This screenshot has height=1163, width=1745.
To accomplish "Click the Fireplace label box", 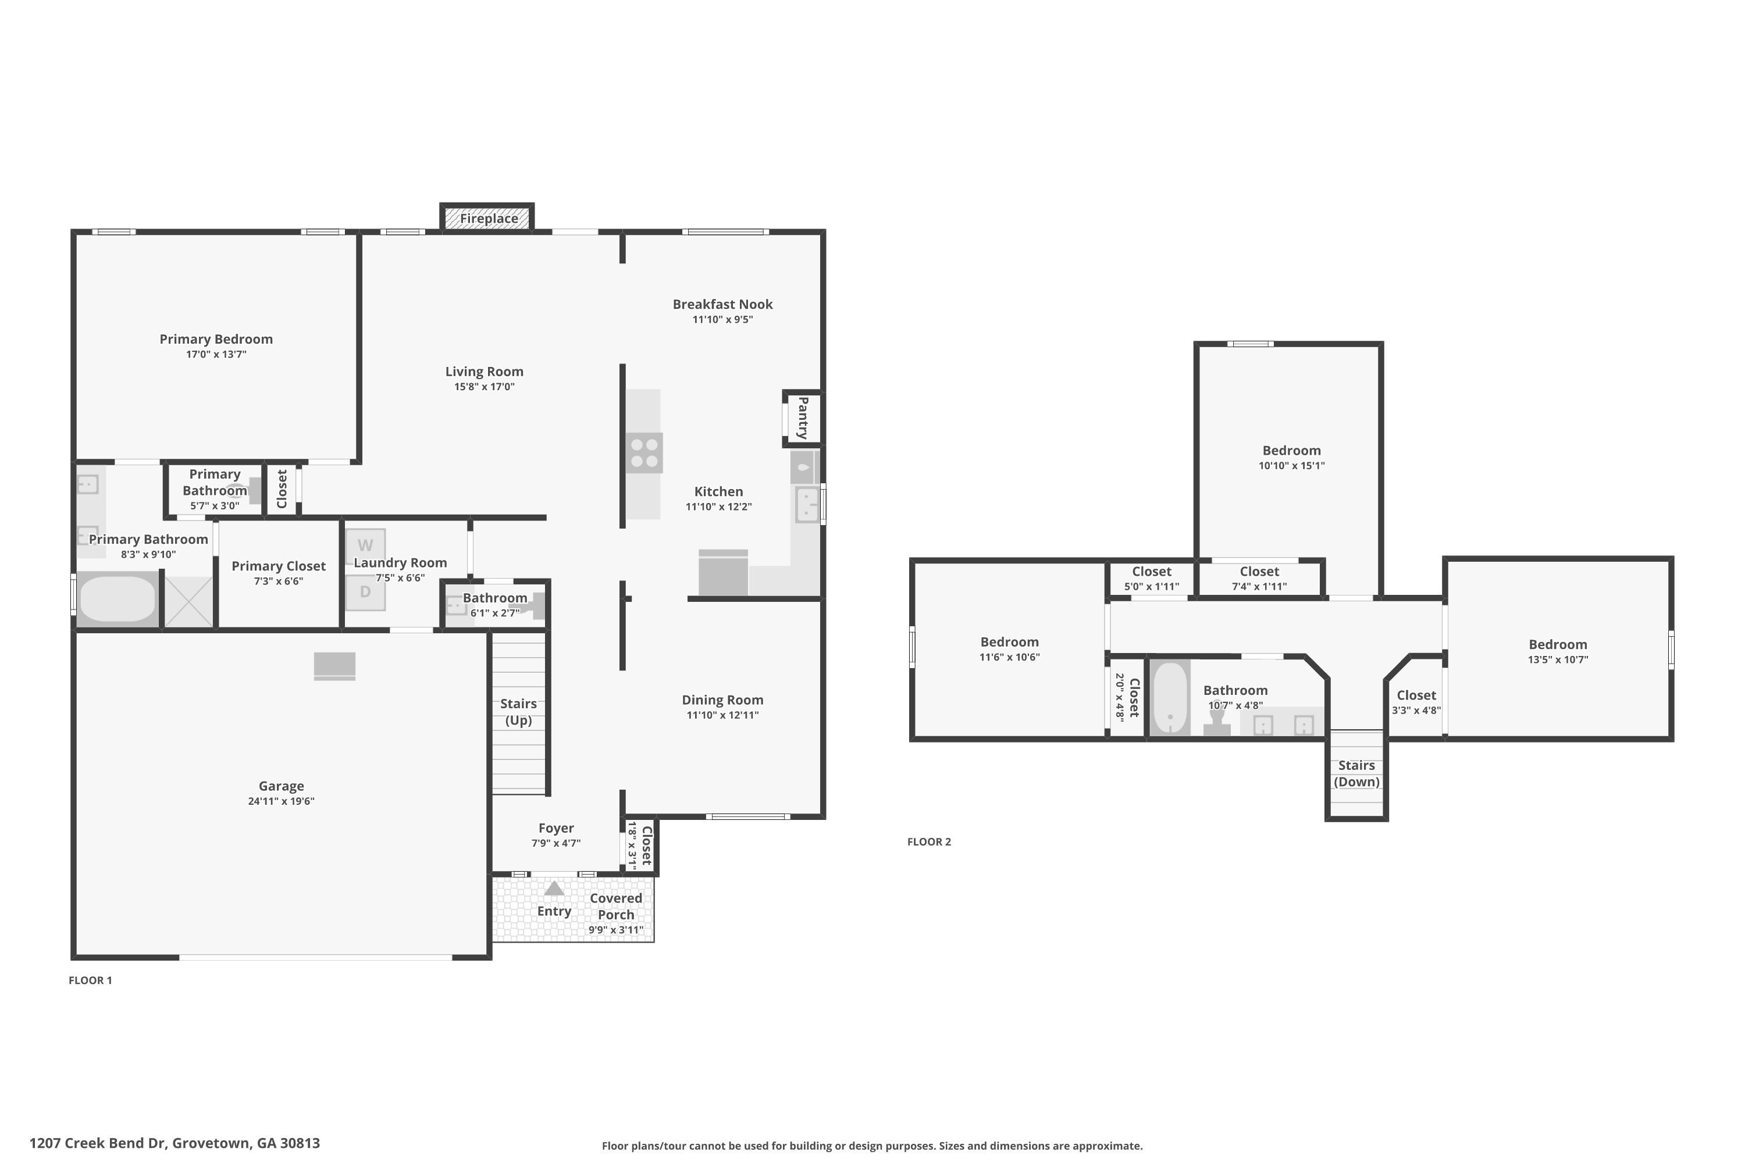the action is pos(487,218).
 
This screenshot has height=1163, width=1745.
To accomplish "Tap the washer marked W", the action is pos(365,546).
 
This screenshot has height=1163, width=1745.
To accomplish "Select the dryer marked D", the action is pos(365,592).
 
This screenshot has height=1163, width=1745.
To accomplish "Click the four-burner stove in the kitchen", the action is pos(644,453).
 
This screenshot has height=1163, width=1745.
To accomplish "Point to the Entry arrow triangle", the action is pos(554,888).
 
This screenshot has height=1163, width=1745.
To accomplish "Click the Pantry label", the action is pos(803,418).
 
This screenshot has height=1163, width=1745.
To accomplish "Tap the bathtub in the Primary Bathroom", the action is pos(117,598).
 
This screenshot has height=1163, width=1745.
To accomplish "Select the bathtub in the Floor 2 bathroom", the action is pos(1170,697).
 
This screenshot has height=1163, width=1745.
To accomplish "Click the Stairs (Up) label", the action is pos(519,712).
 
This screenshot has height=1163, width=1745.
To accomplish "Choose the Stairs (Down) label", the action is pos(1357,773).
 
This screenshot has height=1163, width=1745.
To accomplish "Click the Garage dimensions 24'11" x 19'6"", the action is pos(281,801).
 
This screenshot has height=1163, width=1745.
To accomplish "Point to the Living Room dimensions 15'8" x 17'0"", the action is pos(485,387).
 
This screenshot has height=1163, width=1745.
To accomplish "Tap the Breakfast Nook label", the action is pos(722,304).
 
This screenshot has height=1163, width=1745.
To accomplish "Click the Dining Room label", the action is pos(722,700).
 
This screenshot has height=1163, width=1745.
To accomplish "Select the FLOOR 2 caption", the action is pos(929,842).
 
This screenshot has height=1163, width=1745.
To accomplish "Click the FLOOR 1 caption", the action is pos(91,980).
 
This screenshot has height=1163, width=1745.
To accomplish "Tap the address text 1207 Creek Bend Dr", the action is pos(97,1143).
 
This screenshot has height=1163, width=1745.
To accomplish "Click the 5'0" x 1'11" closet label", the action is pos(1152,587).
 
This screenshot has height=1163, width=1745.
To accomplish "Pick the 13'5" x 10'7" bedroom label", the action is pos(1558,659).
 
